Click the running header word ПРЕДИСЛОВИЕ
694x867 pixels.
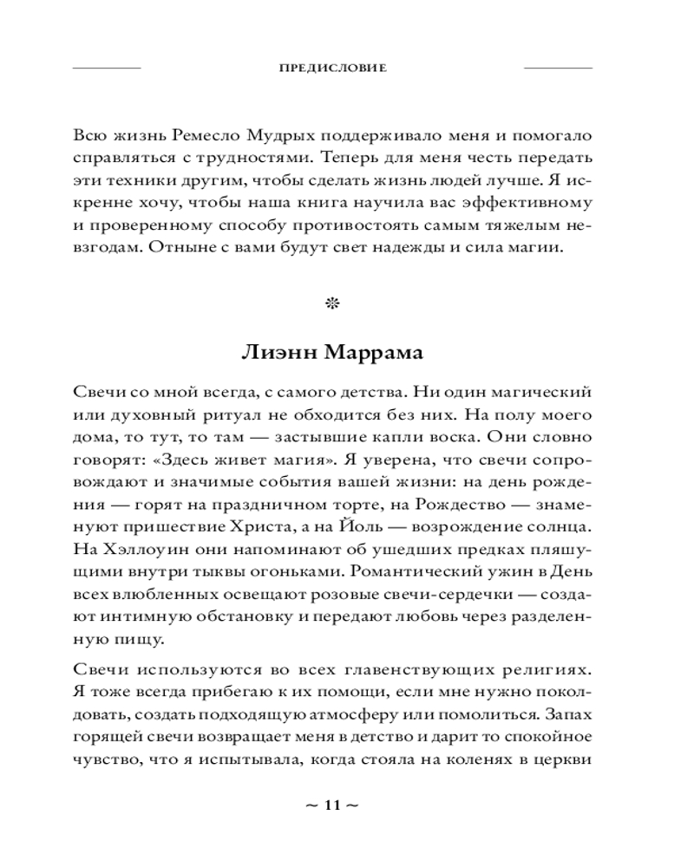pyautogui.click(x=332, y=67)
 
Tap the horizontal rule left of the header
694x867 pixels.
pyautogui.click(x=105, y=67)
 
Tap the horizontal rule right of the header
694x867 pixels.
pyautogui.click(x=559, y=67)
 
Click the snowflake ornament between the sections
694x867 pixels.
pyautogui.click(x=331, y=303)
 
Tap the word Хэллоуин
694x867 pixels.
pyautogui.click(x=137, y=549)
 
